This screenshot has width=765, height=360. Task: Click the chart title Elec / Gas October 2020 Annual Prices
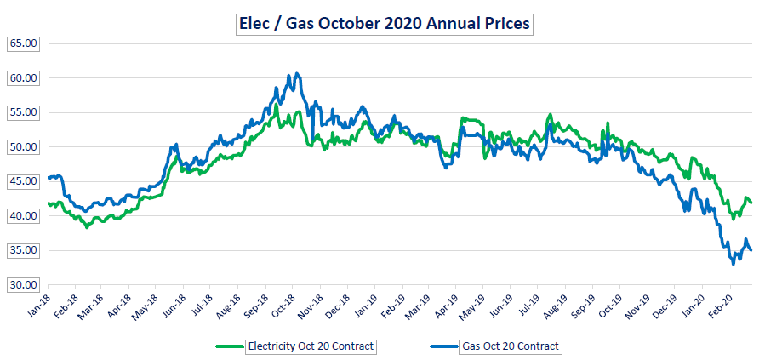383,24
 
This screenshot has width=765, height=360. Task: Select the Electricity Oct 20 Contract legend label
311,346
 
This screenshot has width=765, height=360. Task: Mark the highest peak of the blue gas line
295,73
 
